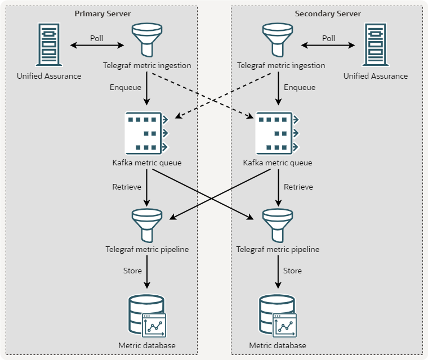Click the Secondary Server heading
[x=328, y=13]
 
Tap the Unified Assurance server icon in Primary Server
[x=49, y=44]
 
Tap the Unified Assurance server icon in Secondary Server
[x=376, y=44]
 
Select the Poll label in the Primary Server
[x=97, y=38]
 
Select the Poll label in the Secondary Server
[x=328, y=38]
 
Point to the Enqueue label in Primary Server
[x=126, y=87]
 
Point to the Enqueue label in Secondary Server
[x=300, y=87]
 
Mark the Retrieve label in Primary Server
[x=126, y=187]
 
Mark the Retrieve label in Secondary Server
[x=298, y=187]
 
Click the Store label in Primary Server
[x=132, y=271]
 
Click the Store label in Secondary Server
[x=293, y=271]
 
